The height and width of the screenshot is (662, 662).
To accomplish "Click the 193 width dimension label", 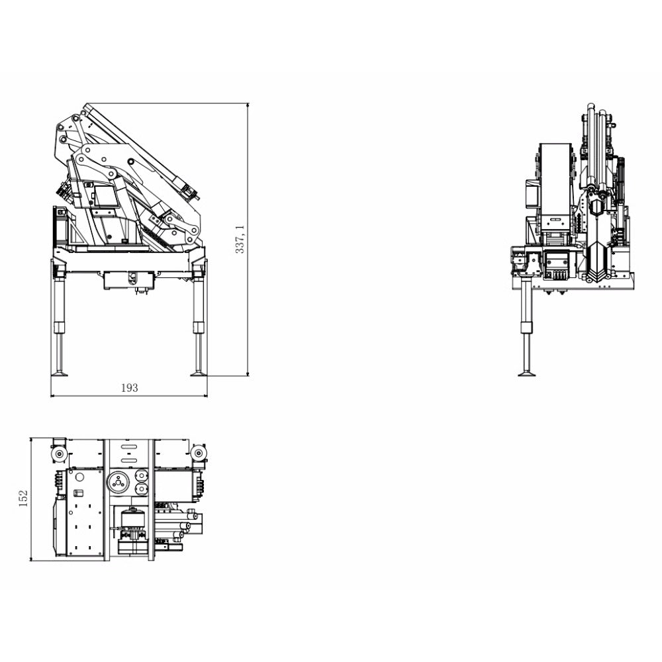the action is (130, 387).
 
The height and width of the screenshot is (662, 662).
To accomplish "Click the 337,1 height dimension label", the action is (240, 239).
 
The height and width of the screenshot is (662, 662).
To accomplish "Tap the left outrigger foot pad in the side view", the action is (58, 373).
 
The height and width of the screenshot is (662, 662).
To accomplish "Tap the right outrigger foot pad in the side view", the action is (198, 373).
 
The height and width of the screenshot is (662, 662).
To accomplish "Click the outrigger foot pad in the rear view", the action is (527, 373).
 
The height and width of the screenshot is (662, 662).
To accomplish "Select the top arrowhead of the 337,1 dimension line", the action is (248, 105).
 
